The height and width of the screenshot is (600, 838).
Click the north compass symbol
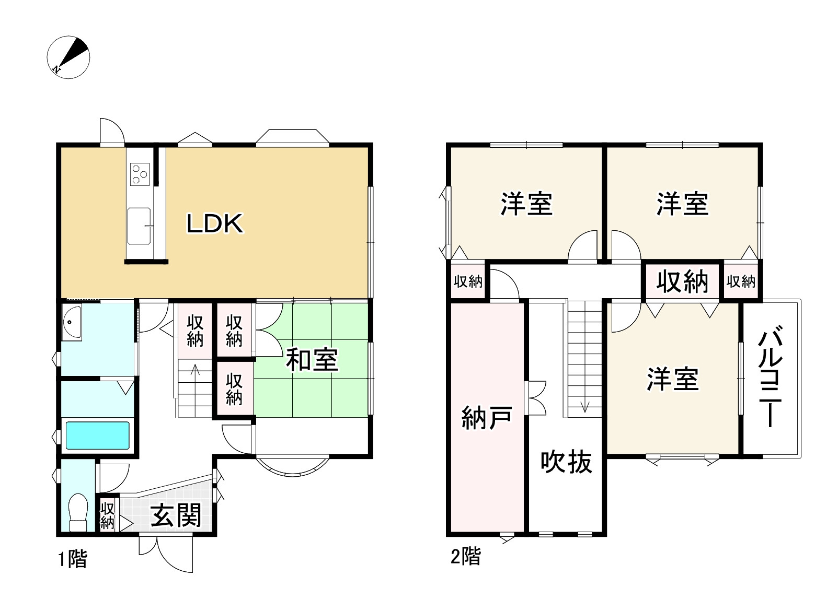[x=68, y=57]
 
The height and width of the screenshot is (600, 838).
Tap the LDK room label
[x=215, y=224]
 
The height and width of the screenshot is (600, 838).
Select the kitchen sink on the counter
[x=139, y=226]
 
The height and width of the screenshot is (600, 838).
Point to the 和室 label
[x=312, y=360]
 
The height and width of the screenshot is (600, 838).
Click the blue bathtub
[x=97, y=435]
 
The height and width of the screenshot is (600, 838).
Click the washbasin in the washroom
[x=72, y=322]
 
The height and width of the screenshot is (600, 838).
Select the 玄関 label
[x=176, y=515]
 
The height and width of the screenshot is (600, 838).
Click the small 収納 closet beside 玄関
[x=107, y=515]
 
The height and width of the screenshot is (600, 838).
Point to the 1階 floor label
[x=73, y=559]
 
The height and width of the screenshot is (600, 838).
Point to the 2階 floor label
[x=465, y=557]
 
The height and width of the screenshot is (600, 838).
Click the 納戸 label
[x=486, y=418]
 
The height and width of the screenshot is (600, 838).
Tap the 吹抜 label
[x=566, y=462]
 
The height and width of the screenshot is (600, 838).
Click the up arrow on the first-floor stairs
[x=195, y=371]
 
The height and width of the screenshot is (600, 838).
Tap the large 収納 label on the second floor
[x=682, y=281]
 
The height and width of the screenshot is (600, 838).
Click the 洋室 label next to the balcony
[x=672, y=379]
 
